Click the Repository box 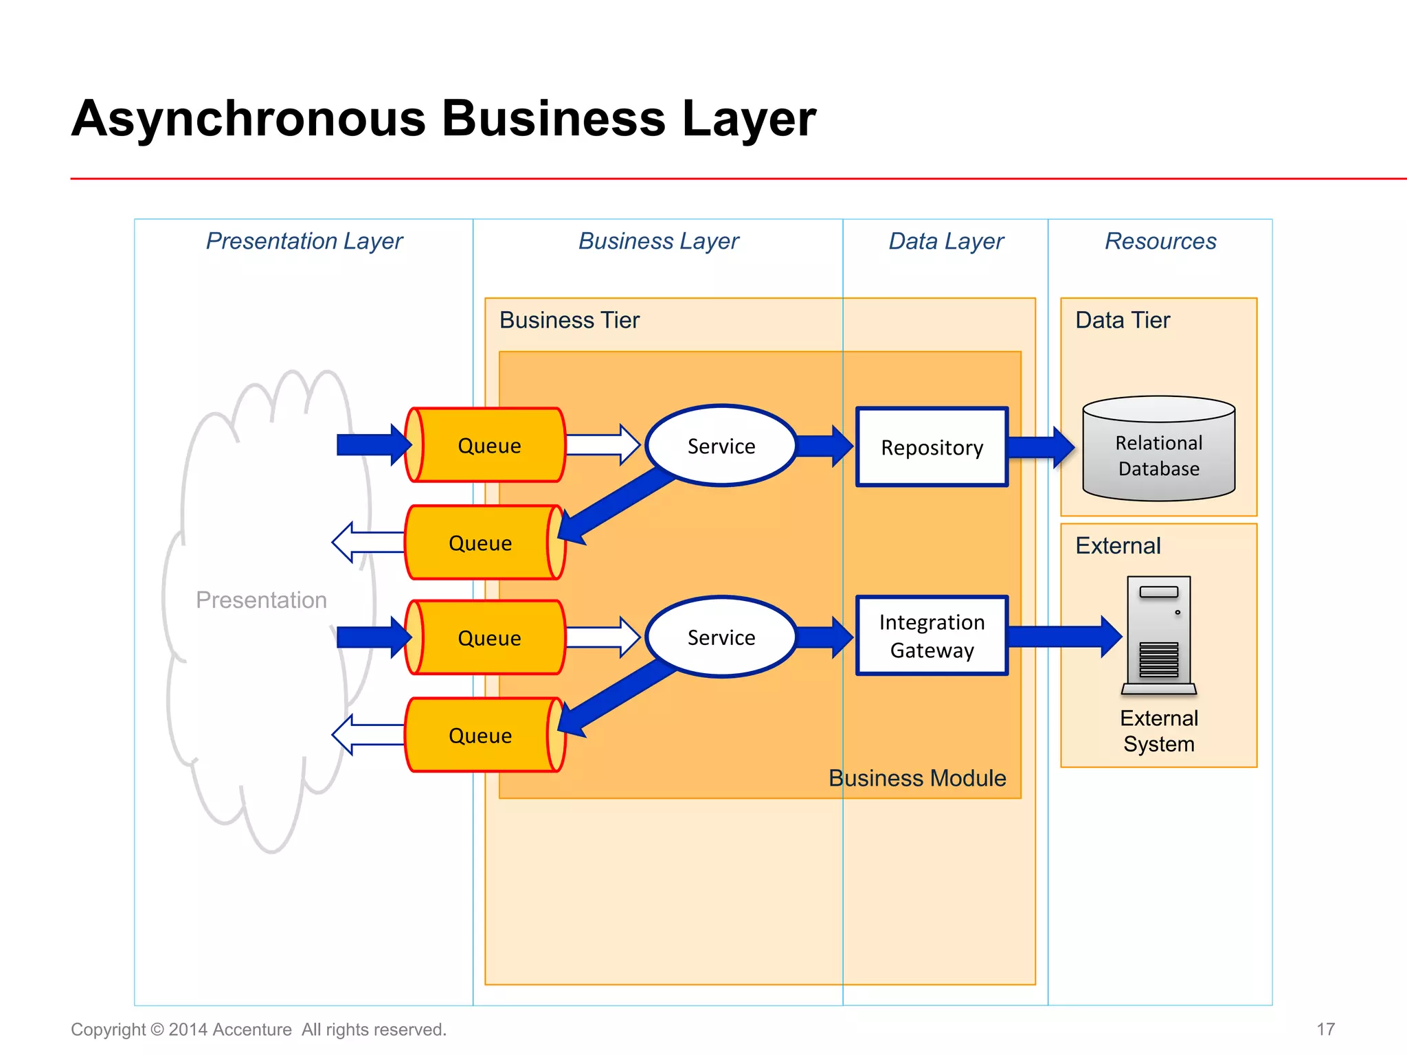pyautogui.click(x=932, y=447)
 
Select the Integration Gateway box pyautogui.click(x=932, y=636)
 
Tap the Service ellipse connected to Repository pyautogui.click(x=721, y=446)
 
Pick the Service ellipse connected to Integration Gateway pyautogui.click(x=721, y=637)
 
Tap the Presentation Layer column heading pyautogui.click(x=304, y=241)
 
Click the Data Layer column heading pyautogui.click(x=945, y=241)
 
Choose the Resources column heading pyautogui.click(x=1160, y=241)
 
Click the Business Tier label pyautogui.click(x=569, y=320)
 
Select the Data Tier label pyautogui.click(x=1122, y=320)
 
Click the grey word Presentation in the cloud pyautogui.click(x=261, y=600)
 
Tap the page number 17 pyautogui.click(x=1325, y=1029)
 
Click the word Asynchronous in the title pyautogui.click(x=249, y=118)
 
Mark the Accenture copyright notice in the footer pyautogui.click(x=258, y=1029)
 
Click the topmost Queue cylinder pyautogui.click(x=488, y=445)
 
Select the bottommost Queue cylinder pyautogui.click(x=481, y=736)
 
